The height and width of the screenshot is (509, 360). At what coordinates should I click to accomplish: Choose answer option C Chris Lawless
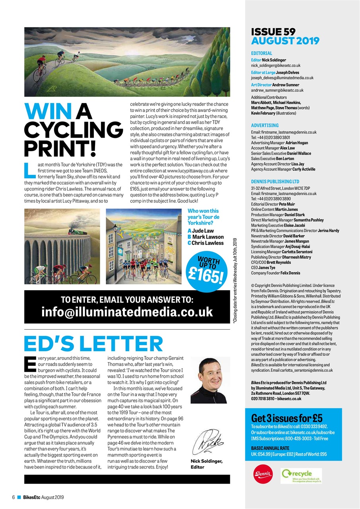tap(206, 243)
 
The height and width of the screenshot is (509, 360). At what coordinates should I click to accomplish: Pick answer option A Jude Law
tap(200, 231)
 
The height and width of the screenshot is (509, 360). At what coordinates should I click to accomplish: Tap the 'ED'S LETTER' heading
tap(93, 344)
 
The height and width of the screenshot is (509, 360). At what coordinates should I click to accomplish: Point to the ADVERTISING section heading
tap(265, 125)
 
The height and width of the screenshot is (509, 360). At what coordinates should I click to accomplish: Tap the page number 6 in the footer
tap(13, 497)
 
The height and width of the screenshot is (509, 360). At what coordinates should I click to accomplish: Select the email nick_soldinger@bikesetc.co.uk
tap(276, 65)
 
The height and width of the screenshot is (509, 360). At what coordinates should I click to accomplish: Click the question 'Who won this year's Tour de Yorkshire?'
tap(203, 217)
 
